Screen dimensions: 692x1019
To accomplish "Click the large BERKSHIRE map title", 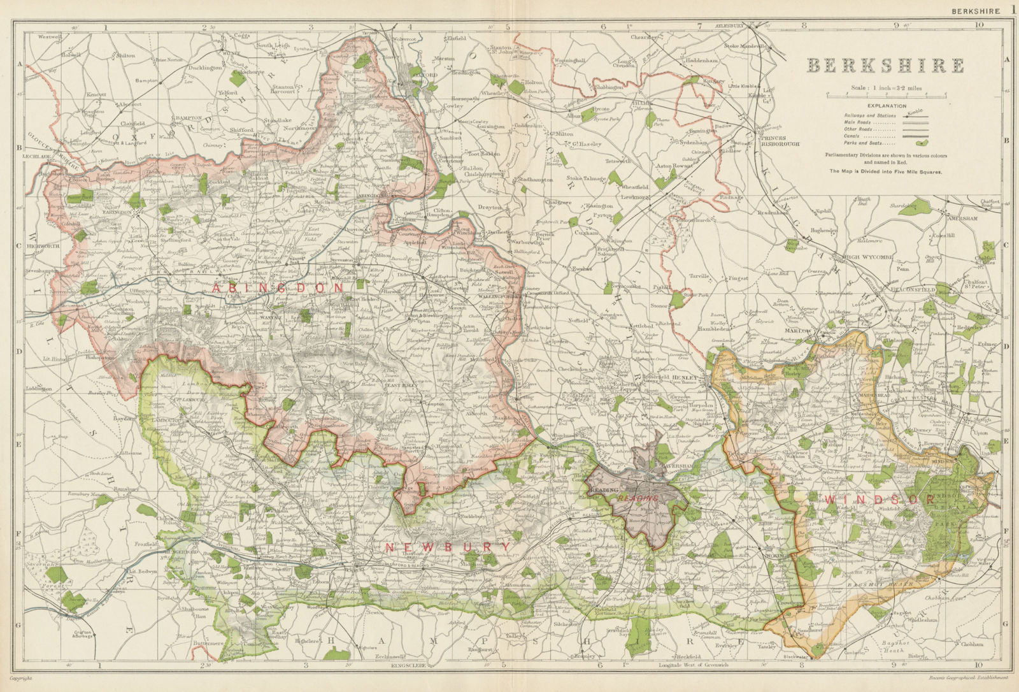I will click(x=886, y=66).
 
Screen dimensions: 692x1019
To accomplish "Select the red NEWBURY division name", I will click(x=448, y=547).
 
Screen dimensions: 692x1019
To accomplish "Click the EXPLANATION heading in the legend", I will click(x=887, y=106).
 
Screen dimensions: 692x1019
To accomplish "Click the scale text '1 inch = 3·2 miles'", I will click(x=886, y=87).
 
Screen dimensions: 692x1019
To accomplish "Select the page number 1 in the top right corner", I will click(x=1013, y=9).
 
